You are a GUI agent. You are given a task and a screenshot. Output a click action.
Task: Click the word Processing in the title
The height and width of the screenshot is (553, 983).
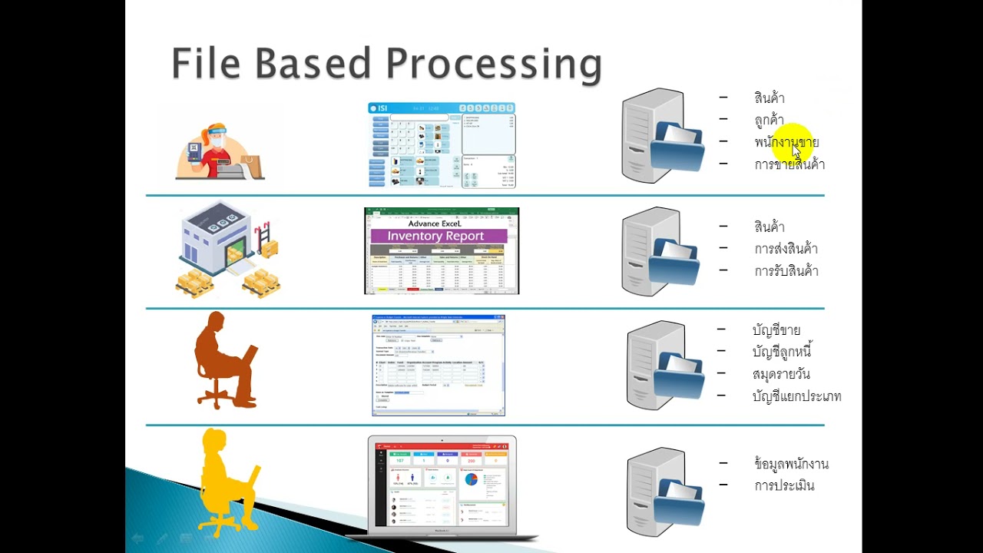click(x=493, y=65)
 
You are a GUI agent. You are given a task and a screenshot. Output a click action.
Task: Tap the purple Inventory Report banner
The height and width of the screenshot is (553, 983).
click(x=435, y=236)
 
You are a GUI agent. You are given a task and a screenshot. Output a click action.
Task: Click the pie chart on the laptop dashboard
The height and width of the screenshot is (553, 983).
click(x=472, y=479)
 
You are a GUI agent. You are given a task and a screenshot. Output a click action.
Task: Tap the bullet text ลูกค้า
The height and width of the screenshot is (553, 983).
click(x=769, y=121)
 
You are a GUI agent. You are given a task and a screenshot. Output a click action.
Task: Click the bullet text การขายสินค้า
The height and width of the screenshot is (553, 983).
click(x=789, y=164)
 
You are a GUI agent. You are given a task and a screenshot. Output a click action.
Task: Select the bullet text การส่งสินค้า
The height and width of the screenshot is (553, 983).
click(x=786, y=249)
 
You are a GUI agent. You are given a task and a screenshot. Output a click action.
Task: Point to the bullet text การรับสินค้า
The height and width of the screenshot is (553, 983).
click(x=786, y=271)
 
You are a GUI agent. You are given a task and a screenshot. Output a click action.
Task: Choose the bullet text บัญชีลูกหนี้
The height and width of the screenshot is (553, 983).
click(x=782, y=353)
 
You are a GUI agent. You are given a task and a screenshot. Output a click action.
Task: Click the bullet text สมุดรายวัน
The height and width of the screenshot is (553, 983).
click(x=781, y=375)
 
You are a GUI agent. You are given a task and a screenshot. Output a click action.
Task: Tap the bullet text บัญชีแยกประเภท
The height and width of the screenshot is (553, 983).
click(x=796, y=397)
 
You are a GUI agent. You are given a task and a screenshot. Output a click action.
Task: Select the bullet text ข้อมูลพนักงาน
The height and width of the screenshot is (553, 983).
click(x=791, y=465)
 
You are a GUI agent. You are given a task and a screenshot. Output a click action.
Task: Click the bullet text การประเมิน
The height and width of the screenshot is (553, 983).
click(x=784, y=486)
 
